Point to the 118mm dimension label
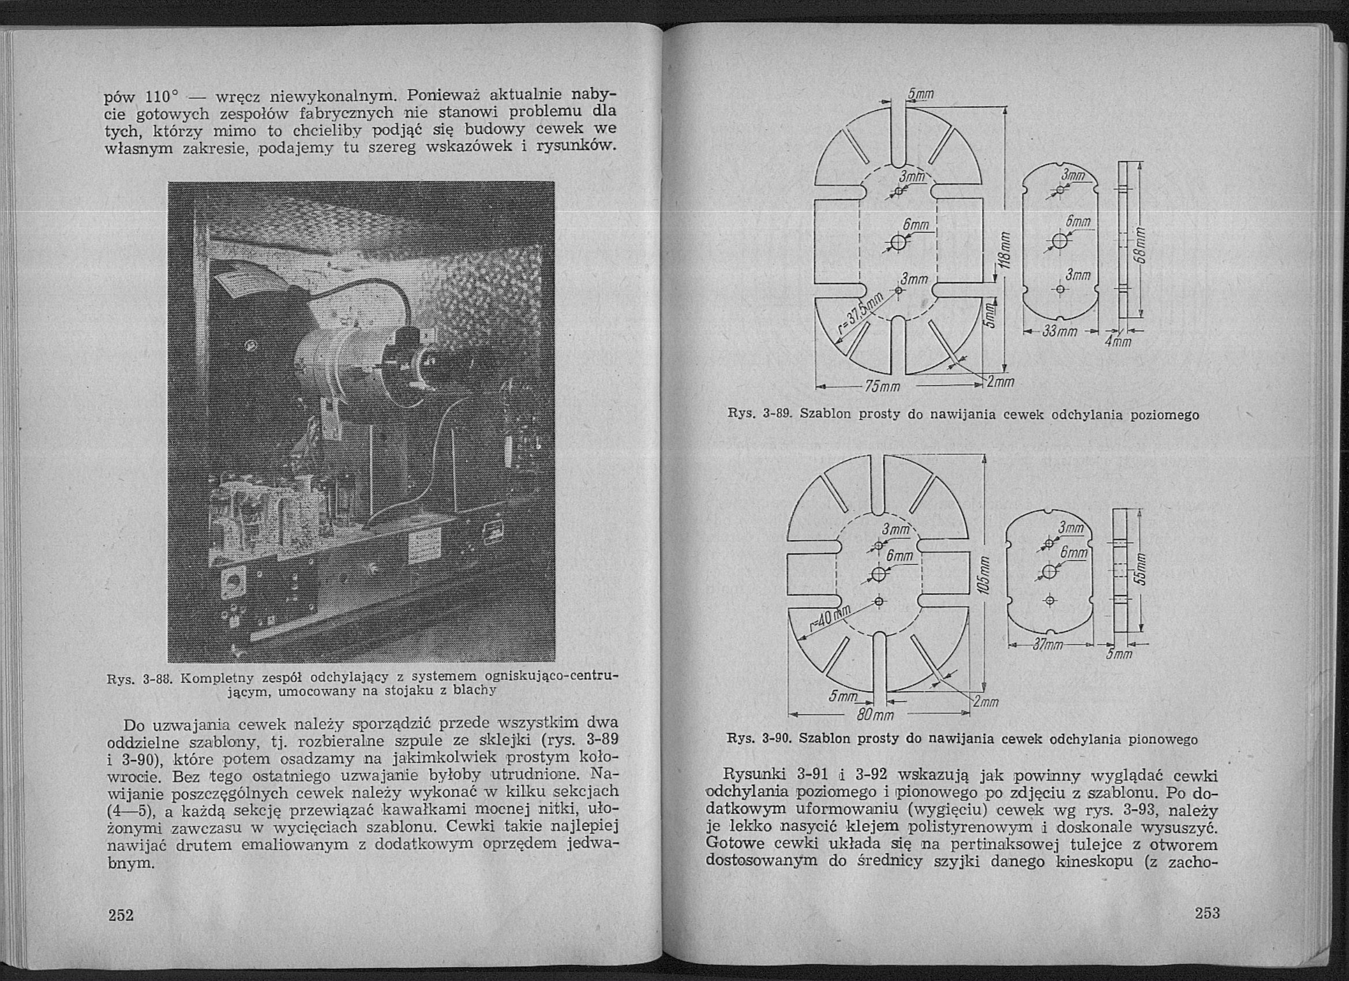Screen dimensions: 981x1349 click(x=1004, y=250)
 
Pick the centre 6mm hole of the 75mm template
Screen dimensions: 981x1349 click(x=899, y=242)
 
